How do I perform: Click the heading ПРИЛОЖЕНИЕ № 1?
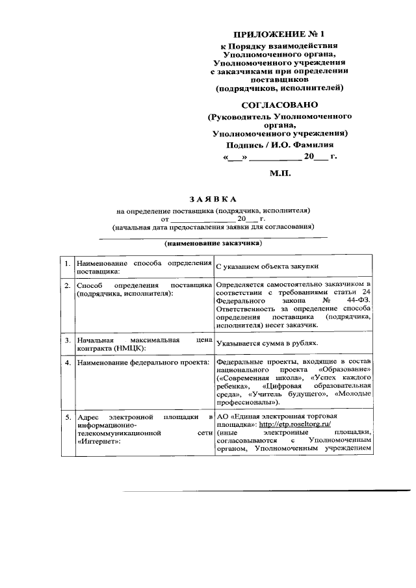click(278, 33)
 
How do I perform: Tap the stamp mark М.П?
click(281, 174)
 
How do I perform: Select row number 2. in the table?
click(67, 285)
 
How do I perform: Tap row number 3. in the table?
click(67, 339)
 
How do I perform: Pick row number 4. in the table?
click(67, 362)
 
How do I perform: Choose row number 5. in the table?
click(67, 416)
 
